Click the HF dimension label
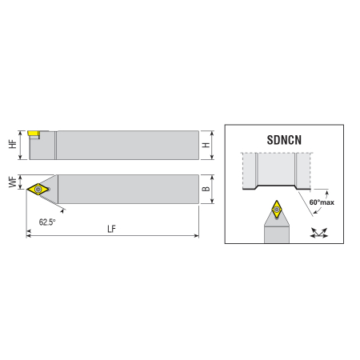13,144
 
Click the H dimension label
206,145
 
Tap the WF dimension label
13,182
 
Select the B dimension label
206,189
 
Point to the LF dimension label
112,229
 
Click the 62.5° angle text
47,222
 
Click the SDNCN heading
284,140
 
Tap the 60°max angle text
322,202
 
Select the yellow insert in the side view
34,134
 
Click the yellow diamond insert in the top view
38,189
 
